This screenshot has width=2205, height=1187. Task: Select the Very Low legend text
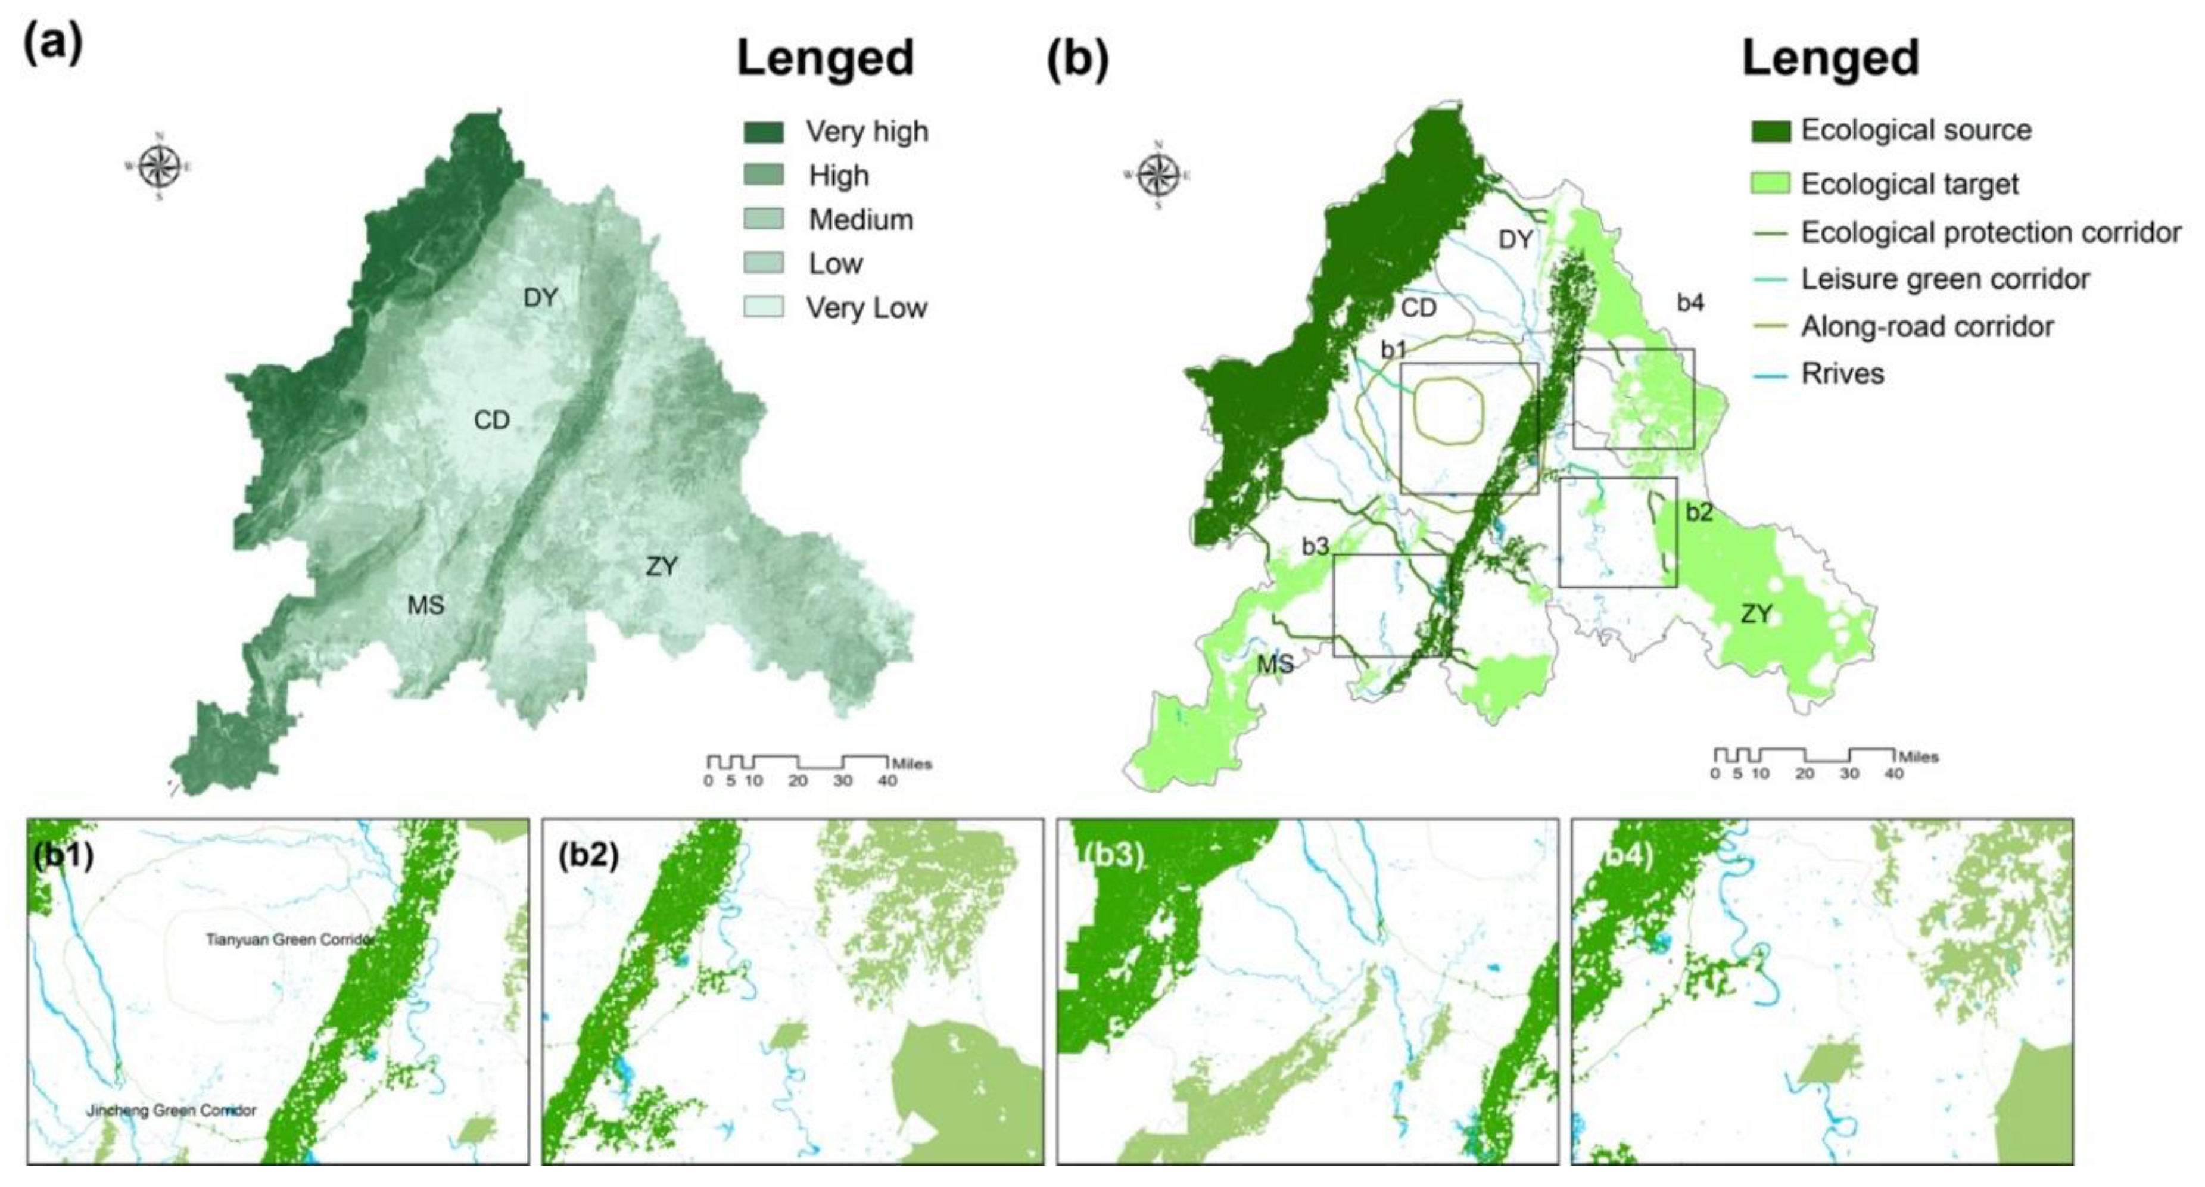point(865,308)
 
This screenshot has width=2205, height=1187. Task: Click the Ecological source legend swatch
point(1770,131)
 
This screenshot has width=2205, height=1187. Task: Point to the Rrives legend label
point(1842,374)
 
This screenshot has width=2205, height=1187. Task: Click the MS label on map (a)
point(425,606)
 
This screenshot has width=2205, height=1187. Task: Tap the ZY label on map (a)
point(662,566)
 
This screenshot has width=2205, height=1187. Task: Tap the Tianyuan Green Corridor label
point(289,940)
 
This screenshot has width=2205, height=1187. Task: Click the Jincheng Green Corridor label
point(171,1111)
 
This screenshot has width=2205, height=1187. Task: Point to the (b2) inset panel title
point(588,854)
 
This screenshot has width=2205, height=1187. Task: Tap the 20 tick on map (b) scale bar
point(1804,774)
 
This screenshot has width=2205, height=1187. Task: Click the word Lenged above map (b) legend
point(1830,58)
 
